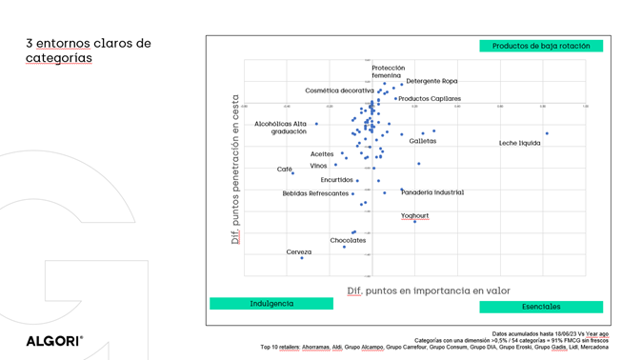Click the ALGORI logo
54,340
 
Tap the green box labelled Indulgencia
271,304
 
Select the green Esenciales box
541,307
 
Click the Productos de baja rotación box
541,46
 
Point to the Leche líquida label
519,143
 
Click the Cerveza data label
299,252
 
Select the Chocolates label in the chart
348,241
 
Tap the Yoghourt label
415,216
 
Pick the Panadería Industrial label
432,192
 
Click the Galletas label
423,141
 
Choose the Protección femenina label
388,71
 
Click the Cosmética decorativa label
339,90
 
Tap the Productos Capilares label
430,99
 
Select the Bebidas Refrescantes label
315,193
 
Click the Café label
285,170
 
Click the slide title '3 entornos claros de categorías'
89,50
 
